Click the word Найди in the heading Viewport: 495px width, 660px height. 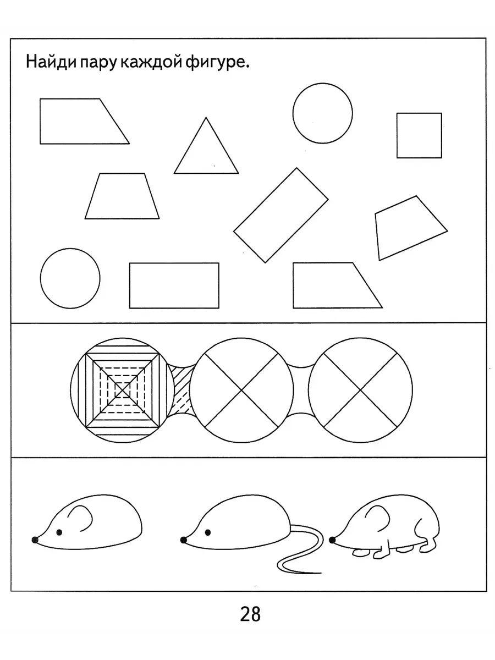(51, 62)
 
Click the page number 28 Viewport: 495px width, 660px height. (250, 614)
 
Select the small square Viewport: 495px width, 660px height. (419, 135)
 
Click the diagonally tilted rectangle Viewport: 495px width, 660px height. (280, 215)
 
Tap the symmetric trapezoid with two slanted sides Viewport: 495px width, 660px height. (122, 196)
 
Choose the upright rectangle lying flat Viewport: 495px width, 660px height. (174, 285)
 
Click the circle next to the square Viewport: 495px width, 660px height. (322, 113)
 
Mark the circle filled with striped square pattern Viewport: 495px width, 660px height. (122, 390)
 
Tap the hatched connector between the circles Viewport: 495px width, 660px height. (182, 390)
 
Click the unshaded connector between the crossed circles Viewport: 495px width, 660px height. (301, 390)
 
